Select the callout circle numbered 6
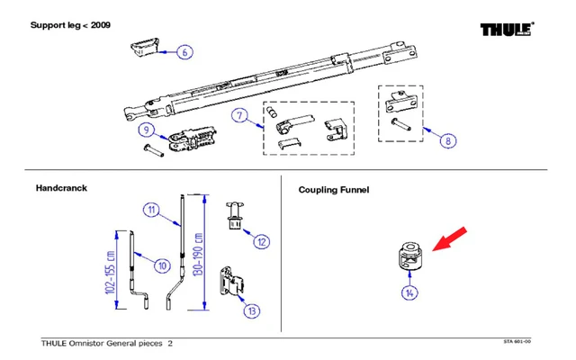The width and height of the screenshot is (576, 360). pos(184,52)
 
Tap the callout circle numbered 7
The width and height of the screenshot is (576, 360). pos(239,114)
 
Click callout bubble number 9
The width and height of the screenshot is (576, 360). pos(146,130)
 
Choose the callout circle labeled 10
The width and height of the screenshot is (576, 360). pos(162,265)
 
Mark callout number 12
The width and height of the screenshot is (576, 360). pos(261,240)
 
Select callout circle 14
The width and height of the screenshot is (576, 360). pos(409,292)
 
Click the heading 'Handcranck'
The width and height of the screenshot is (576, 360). pos(60,189)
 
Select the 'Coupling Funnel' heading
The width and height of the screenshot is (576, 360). pos(333,190)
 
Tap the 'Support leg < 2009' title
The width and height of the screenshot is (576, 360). pos(71,24)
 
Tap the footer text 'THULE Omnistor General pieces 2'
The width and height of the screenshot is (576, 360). pos(107,343)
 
